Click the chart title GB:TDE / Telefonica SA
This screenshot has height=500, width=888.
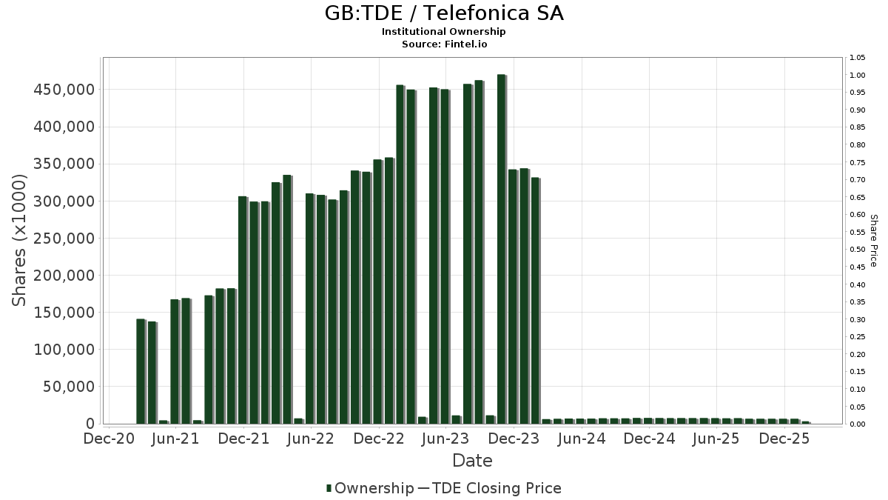(x=444, y=13)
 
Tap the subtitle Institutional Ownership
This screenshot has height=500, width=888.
(x=444, y=32)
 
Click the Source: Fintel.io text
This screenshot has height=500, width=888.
(x=444, y=44)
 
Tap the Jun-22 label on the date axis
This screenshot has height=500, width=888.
(x=312, y=439)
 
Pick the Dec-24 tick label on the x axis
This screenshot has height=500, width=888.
(x=649, y=439)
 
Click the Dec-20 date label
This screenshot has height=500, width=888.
(x=108, y=439)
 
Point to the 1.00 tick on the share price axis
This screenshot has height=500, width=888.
(x=857, y=76)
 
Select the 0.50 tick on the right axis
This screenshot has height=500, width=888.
(x=857, y=250)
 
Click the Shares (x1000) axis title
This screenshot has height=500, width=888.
(x=20, y=240)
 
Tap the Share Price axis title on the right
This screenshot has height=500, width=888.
(x=873, y=241)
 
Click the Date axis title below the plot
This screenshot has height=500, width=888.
(x=472, y=461)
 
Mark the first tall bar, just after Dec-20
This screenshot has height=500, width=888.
(x=141, y=371)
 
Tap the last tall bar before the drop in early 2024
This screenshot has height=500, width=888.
(x=535, y=301)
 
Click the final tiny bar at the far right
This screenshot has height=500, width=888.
(x=805, y=422)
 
